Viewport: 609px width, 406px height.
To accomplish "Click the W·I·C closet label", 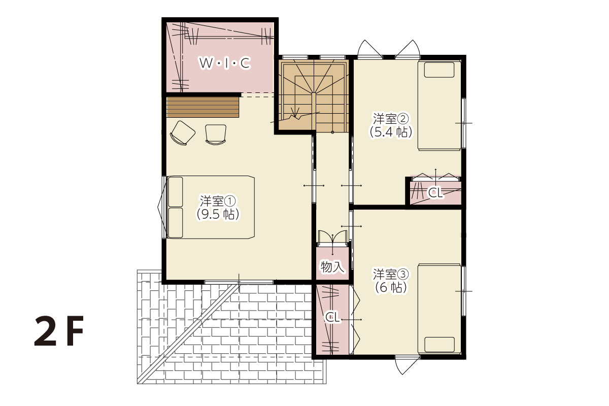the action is click(224, 63).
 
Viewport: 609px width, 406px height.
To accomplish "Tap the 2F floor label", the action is click(59, 331).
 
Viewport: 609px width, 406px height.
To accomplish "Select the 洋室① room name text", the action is click(218, 201).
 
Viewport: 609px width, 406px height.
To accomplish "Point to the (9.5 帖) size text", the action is click(218, 215).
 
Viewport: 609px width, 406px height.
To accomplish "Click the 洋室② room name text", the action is click(391, 119).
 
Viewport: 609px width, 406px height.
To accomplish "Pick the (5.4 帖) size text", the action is click(391, 132).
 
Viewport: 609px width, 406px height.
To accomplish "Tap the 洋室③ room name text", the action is click(391, 275).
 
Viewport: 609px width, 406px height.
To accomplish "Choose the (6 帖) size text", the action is click(391, 288).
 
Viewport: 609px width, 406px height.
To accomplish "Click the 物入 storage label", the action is click(332, 266).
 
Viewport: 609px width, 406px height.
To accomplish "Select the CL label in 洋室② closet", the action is click(435, 192).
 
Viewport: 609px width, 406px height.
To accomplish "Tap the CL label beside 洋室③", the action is click(332, 317).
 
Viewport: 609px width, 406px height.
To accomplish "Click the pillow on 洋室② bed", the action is click(439, 70).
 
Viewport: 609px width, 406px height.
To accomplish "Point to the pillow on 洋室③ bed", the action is click(439, 345).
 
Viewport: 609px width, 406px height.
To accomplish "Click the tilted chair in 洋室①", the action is click(182, 133).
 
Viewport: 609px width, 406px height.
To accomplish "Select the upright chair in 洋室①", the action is click(216, 134).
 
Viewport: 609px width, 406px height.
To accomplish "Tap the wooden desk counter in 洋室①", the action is click(202, 108).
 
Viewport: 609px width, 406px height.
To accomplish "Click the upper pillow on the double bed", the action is click(176, 192).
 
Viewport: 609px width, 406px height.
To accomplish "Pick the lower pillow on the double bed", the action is click(176, 223).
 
